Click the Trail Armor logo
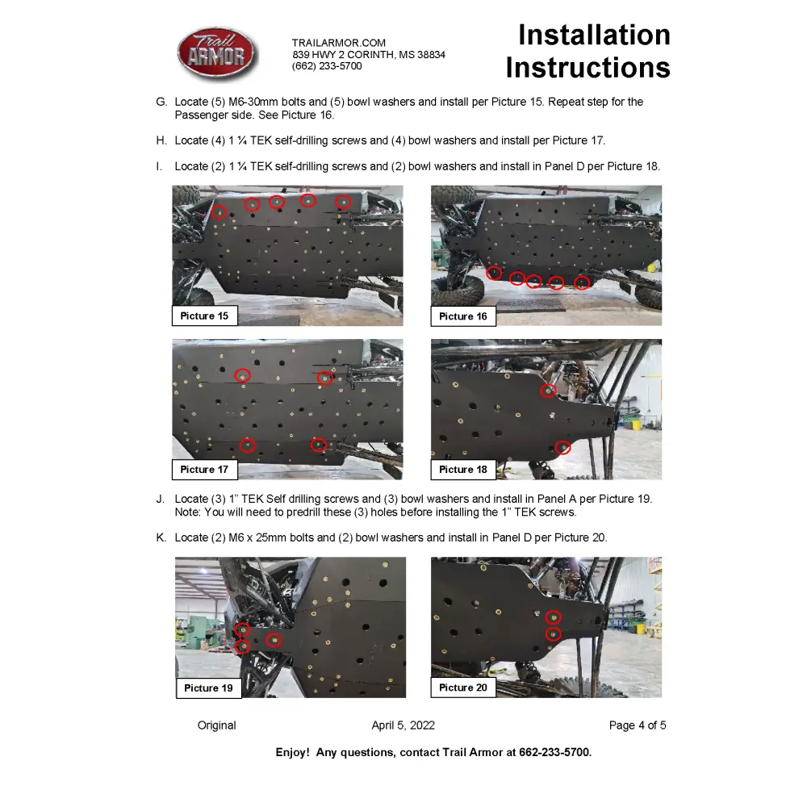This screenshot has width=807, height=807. point(217,54)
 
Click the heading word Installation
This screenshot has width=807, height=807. point(593,36)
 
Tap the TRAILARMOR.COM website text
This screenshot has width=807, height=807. point(339,43)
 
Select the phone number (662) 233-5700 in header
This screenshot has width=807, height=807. point(327,66)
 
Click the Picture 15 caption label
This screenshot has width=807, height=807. point(204,316)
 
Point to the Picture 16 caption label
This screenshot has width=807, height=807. point(463,316)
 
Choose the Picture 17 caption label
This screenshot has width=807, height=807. point(204,469)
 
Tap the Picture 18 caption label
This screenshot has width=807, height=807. point(463,469)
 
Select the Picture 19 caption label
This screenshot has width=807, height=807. point(208,688)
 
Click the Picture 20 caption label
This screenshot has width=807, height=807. point(463,688)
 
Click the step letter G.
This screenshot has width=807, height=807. point(161,102)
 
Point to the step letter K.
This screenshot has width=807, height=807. point(161,537)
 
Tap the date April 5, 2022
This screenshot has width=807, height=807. point(403,725)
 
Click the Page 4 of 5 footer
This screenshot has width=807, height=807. point(638,725)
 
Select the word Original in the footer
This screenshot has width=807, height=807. point(217,725)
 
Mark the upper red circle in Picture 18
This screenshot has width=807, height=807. point(549,391)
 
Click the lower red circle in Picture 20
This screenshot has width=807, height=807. point(553,635)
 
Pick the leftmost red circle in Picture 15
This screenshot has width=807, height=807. point(220,212)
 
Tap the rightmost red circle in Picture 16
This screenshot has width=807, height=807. point(582,282)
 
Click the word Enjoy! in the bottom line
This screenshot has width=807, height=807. point(292,752)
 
